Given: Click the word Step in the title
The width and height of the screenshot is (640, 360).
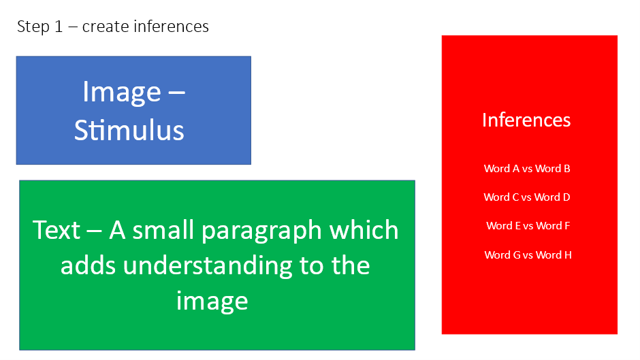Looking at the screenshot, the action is (33, 27).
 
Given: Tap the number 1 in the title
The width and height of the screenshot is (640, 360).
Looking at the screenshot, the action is (59, 27).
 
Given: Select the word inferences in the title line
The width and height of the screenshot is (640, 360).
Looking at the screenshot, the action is (171, 27).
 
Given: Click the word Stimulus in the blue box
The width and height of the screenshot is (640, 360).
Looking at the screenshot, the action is (129, 130).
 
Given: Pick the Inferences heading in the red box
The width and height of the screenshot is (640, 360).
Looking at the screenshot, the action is (526, 120).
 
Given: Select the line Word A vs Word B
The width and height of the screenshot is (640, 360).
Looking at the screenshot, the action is (527, 169).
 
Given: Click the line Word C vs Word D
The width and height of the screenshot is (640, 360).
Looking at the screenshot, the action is (527, 197).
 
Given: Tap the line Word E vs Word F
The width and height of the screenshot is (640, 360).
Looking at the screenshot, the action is (528, 226).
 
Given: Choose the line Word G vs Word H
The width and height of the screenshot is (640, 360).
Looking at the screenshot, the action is (528, 255).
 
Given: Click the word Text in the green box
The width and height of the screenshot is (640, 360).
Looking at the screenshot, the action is (57, 230).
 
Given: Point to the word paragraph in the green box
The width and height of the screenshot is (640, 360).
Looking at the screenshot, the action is (262, 231).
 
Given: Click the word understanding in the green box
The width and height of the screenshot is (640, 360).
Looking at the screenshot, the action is (208, 267).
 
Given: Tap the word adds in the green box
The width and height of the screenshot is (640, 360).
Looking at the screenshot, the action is (88, 265).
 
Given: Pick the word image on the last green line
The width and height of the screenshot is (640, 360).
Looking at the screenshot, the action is (212, 302).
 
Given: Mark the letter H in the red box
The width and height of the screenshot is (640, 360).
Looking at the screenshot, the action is (568, 255).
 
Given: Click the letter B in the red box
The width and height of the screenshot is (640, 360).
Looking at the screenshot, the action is (567, 169).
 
